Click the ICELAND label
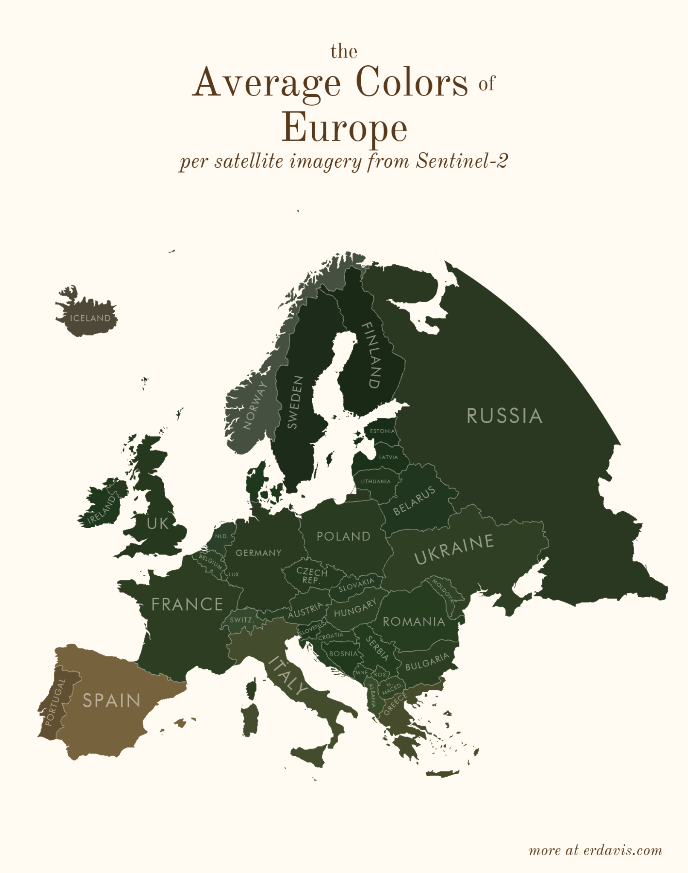tap(90, 318)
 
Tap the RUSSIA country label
tap(504, 416)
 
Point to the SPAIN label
tap(111, 700)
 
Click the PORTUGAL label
tap(55, 702)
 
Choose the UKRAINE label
tap(454, 549)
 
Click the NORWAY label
tap(255, 405)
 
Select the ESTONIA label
tap(382, 431)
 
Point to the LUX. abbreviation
tap(235, 575)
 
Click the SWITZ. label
tap(242, 620)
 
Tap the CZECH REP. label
tap(311, 575)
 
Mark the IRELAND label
tap(102, 510)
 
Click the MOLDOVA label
tap(444, 590)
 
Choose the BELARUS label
tap(414, 500)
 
